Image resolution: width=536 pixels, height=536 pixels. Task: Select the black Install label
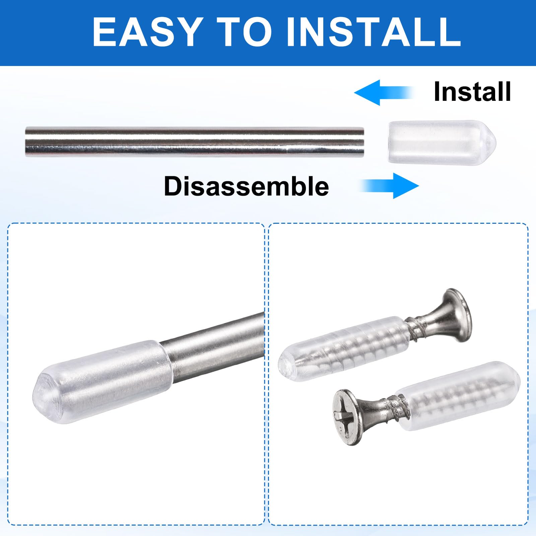coord(472,91)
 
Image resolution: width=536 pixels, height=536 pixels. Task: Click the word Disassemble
coord(247,186)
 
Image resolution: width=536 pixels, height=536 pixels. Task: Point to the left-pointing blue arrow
coord(384,92)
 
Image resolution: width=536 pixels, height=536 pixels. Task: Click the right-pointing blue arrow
coord(390,186)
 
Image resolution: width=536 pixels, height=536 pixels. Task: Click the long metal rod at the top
coord(195,142)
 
